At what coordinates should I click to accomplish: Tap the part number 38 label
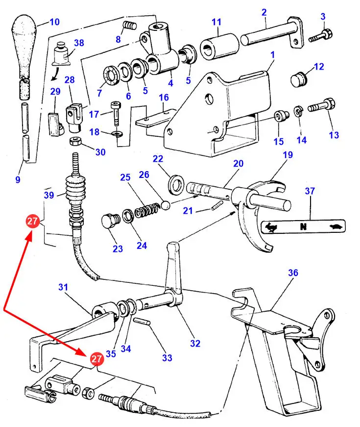(79, 43)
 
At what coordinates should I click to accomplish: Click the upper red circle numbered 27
(33, 222)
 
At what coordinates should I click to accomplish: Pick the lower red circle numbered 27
(96, 359)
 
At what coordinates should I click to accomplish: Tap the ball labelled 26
(165, 204)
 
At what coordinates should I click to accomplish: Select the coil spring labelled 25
(147, 211)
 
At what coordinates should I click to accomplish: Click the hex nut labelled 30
(76, 142)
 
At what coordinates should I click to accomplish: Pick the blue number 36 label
(293, 273)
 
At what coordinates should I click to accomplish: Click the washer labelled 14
(298, 111)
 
